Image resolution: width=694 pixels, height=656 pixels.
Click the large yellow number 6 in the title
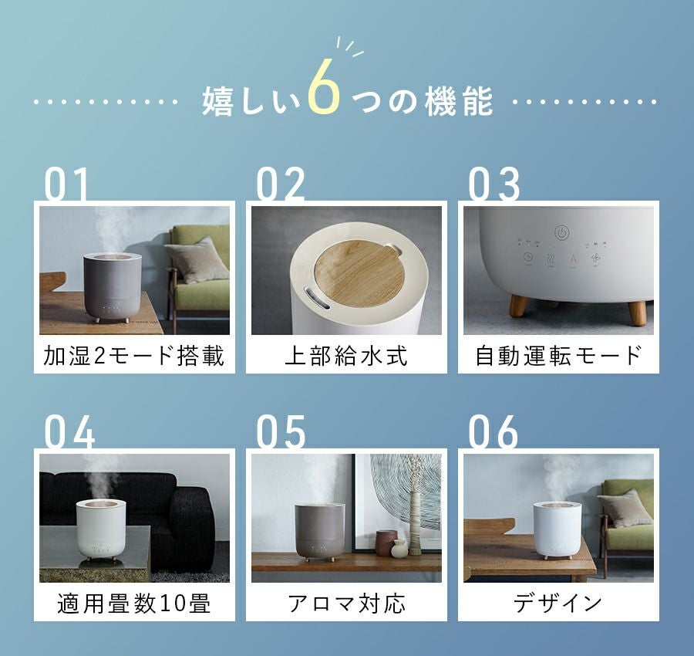(325, 86)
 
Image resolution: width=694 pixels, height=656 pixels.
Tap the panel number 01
(66, 184)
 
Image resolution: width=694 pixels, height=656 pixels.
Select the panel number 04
(69, 431)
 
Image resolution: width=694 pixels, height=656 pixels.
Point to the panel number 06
(493, 431)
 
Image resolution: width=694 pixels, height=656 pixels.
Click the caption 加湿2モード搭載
(134, 356)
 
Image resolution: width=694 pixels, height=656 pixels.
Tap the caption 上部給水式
(346, 356)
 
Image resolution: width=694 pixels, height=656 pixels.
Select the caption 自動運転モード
(558, 356)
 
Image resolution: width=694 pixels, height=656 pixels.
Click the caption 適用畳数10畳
(134, 603)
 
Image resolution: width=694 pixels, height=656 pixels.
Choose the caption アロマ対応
(346, 603)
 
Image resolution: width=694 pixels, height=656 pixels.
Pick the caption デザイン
(558, 603)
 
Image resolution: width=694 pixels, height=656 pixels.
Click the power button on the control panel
(561, 232)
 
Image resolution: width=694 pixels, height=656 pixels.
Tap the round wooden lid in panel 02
(359, 273)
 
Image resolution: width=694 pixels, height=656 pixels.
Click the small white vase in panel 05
(399, 549)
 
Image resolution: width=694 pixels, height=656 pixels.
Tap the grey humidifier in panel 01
(113, 286)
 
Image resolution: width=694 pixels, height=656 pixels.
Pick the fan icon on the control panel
(596, 257)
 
